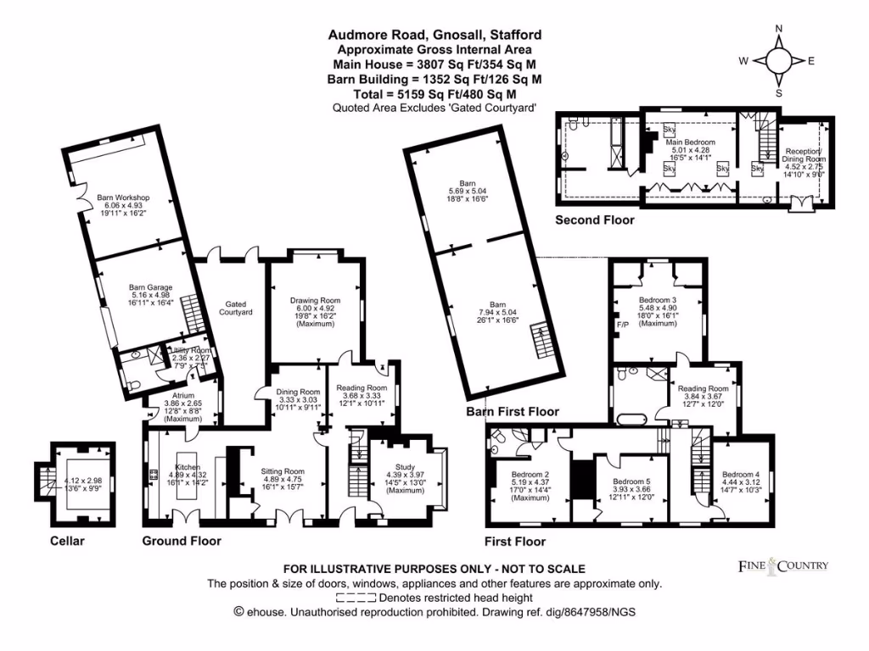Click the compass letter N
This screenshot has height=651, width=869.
[x=779, y=29]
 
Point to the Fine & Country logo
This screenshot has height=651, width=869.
[x=781, y=565]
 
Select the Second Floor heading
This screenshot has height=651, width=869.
[x=594, y=220]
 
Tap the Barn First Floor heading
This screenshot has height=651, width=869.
[x=513, y=412]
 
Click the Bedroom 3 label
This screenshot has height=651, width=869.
[x=657, y=300]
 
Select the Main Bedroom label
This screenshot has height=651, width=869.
[x=691, y=142]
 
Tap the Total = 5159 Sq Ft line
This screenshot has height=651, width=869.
[x=435, y=93]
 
